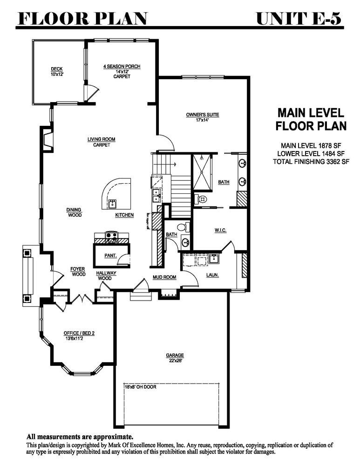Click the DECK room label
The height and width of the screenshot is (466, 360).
[x=57, y=69]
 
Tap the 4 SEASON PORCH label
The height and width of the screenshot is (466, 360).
[x=122, y=66]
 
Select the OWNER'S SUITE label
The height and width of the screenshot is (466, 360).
[x=203, y=115]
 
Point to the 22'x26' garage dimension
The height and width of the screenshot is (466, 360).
[x=175, y=361]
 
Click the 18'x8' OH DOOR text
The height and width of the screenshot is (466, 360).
[x=140, y=387]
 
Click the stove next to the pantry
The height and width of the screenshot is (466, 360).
[x=112, y=238]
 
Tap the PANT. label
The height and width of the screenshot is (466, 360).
[x=110, y=255]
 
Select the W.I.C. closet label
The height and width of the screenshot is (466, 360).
[x=220, y=230]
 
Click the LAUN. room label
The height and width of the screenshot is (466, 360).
[x=213, y=275]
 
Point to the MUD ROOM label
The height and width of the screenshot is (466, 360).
[x=164, y=277]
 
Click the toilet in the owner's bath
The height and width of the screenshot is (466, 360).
[x=201, y=199]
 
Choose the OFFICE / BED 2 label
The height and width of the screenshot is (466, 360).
[x=79, y=333]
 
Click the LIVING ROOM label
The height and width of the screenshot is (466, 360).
[x=101, y=139]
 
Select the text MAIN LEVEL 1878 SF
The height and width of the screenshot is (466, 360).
[x=311, y=145]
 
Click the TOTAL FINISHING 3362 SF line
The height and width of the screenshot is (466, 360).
[x=311, y=162]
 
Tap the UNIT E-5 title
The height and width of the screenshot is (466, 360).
[x=299, y=19]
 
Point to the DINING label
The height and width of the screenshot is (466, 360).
[x=74, y=210]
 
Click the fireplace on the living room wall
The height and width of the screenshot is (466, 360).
[x=48, y=139]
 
